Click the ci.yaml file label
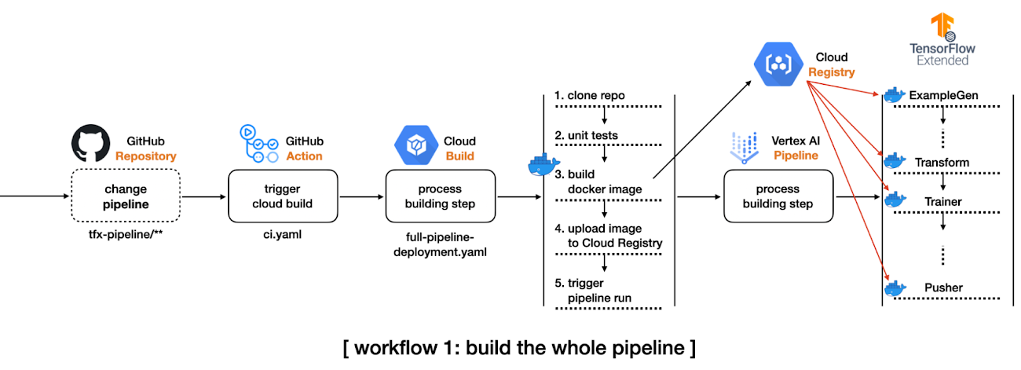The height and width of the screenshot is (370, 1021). pos(282,234)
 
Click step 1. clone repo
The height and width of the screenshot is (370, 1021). pos(590,96)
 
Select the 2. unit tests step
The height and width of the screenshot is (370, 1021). pos(586,135)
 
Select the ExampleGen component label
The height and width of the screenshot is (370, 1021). pos(943,95)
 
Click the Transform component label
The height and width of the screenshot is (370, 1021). pos(942,163)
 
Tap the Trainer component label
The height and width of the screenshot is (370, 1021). pos(942,202)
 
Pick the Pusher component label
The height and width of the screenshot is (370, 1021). pos(942,288)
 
